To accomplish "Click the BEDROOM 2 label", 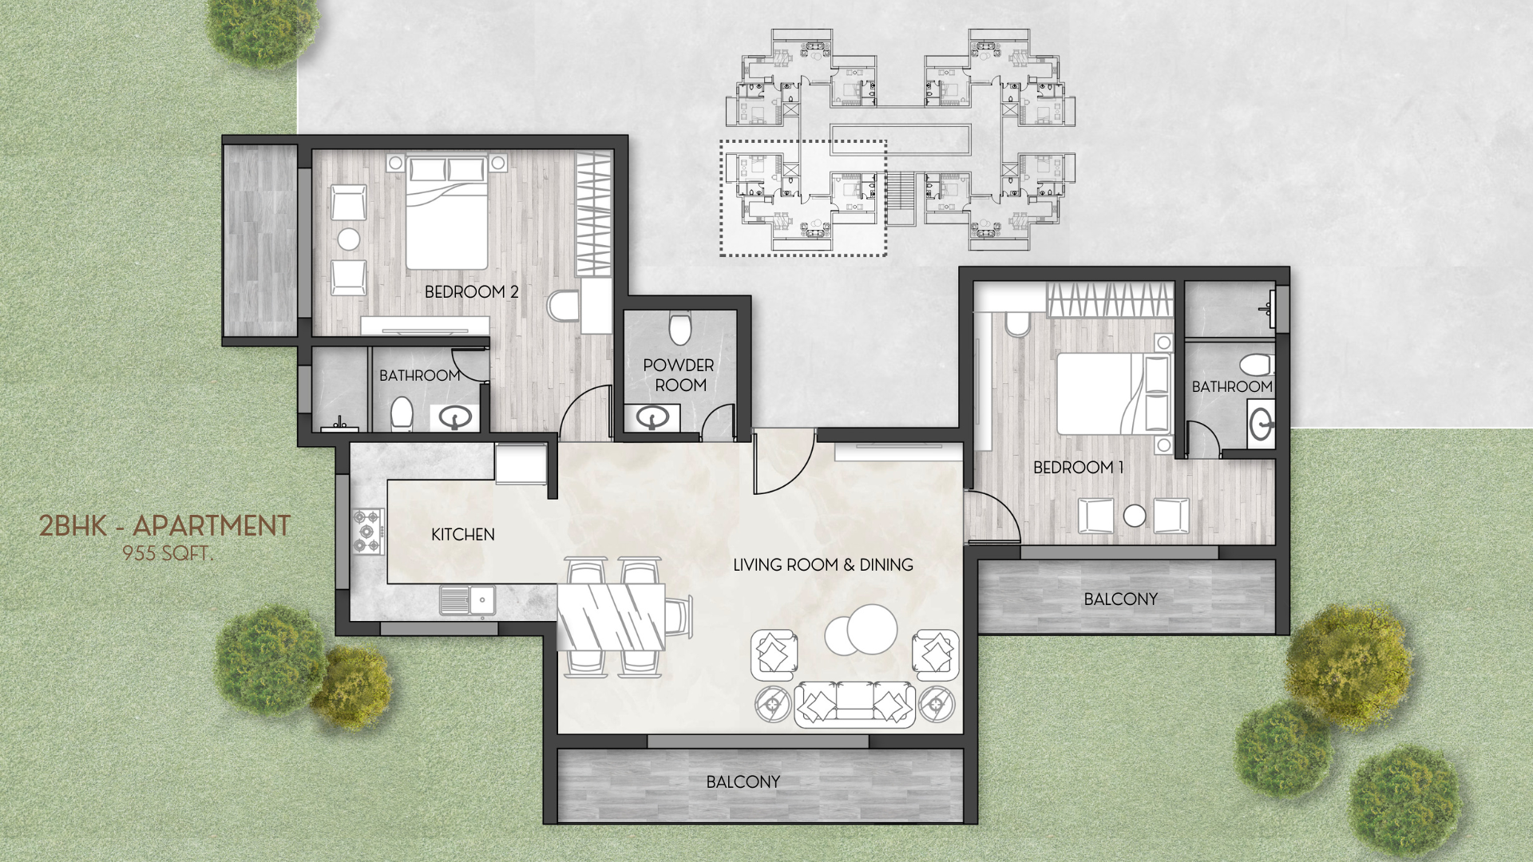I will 471,292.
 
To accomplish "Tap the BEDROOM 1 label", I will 1078,468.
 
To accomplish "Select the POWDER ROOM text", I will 679,375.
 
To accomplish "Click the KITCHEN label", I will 463,535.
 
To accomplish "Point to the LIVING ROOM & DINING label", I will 822,565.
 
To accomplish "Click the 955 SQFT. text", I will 168,553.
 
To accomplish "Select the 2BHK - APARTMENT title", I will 165,526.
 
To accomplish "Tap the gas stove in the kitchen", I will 369,532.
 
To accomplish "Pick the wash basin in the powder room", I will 652,417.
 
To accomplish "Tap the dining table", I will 612,617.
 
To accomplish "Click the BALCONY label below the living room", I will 743,782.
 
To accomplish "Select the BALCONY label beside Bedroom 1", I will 1120,599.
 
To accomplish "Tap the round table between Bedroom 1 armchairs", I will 1135,516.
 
